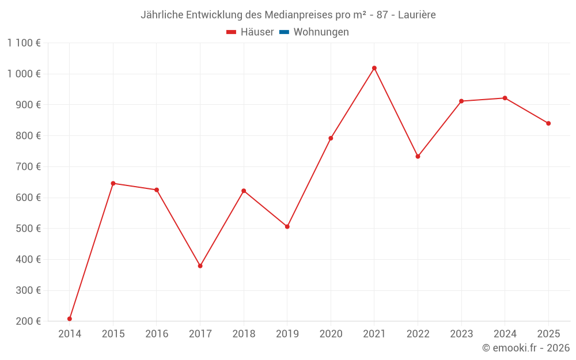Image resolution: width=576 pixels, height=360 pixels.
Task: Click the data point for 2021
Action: [x=374, y=68]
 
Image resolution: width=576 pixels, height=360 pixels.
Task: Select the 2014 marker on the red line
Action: [x=70, y=319]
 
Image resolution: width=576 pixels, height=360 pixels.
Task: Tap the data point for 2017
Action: [x=200, y=266]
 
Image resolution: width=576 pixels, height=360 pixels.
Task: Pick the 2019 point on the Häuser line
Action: [x=287, y=226]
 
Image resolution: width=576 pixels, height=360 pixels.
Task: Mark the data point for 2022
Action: [x=418, y=157]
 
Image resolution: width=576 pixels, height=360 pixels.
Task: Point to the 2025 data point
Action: [x=548, y=123]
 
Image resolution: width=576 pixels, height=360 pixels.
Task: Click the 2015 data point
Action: [x=113, y=183]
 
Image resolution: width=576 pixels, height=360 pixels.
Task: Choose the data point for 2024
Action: [x=505, y=98]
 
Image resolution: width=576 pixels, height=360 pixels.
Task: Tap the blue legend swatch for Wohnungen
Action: [x=284, y=32]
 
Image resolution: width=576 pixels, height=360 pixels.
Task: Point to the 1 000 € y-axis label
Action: [x=24, y=74]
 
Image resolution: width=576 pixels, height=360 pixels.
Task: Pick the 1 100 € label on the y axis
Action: [x=24, y=43]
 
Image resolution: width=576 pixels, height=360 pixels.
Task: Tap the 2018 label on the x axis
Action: [x=244, y=334]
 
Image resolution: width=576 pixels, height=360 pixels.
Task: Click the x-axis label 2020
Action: [x=331, y=334]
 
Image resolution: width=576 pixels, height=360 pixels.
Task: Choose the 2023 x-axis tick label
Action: [x=461, y=334]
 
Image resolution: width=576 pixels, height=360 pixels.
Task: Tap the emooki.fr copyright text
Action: [x=526, y=348]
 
